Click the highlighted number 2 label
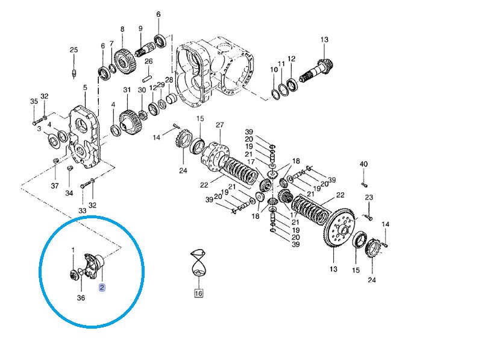102,288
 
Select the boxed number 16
199,293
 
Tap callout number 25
74,50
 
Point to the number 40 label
364,164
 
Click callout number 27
220,125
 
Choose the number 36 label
81,298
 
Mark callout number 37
55,186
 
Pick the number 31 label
127,90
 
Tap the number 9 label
140,29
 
